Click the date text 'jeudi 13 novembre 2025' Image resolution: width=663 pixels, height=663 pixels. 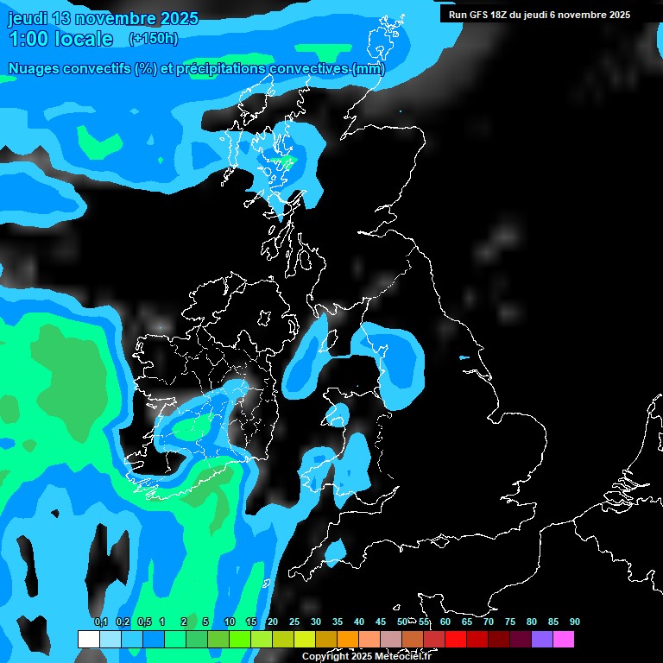103,18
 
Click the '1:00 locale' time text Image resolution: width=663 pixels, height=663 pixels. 60,39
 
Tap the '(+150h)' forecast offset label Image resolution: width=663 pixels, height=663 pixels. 154,38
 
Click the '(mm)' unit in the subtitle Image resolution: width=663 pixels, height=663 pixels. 369,68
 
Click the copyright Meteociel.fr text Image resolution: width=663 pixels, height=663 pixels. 366,656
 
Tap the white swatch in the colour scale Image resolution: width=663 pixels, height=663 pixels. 88,639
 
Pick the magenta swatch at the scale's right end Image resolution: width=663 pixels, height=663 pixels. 564,639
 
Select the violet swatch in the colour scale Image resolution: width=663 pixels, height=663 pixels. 542,639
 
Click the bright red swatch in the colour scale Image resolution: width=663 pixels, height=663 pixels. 456,639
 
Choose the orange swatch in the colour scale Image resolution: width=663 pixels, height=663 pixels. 348,639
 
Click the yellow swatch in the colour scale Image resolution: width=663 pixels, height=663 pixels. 305,639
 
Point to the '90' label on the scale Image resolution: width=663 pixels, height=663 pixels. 575,622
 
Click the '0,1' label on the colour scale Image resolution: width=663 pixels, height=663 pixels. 100,622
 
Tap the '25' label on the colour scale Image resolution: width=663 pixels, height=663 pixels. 294,622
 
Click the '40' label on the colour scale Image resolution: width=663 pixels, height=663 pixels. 359,622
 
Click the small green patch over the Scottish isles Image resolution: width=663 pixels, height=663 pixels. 285,161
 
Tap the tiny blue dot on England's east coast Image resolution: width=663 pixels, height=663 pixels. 464,358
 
